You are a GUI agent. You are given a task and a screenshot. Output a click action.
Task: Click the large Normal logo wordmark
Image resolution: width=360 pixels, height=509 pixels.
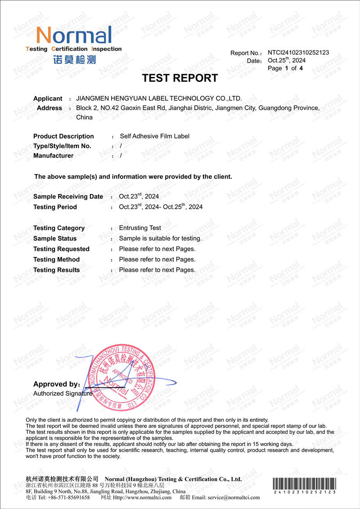[x=74, y=35]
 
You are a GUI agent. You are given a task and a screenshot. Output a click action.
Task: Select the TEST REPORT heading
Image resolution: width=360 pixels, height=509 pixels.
[x=180, y=78]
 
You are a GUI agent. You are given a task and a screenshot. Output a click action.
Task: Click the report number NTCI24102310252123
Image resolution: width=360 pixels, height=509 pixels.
[x=298, y=52]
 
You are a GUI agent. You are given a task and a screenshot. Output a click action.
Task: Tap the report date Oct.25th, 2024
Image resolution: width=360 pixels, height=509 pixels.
[x=287, y=60]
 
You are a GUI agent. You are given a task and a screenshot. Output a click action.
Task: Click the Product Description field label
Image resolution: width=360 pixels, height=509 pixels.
[x=63, y=136]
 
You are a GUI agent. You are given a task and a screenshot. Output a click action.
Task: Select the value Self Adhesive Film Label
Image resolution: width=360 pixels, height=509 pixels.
[x=154, y=136]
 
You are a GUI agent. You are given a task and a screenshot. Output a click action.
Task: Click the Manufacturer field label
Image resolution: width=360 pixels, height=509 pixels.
[x=53, y=156]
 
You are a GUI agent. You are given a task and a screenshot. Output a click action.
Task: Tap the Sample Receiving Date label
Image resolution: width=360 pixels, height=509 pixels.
[x=68, y=197]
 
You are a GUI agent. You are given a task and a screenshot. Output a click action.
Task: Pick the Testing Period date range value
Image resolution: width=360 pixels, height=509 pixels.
[x=161, y=207]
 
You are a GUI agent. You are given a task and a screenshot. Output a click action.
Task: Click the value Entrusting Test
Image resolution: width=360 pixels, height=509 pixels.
[x=140, y=228]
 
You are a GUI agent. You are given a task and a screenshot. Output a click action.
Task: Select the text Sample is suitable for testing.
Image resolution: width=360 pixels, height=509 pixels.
[x=160, y=238]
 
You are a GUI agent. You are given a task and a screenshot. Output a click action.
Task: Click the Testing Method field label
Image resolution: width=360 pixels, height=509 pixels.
[x=56, y=260]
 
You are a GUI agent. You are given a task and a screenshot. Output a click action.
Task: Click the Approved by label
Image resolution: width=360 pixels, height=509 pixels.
[x=56, y=384]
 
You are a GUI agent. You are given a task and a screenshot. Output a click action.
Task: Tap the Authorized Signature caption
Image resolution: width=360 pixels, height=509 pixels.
[x=63, y=393]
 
